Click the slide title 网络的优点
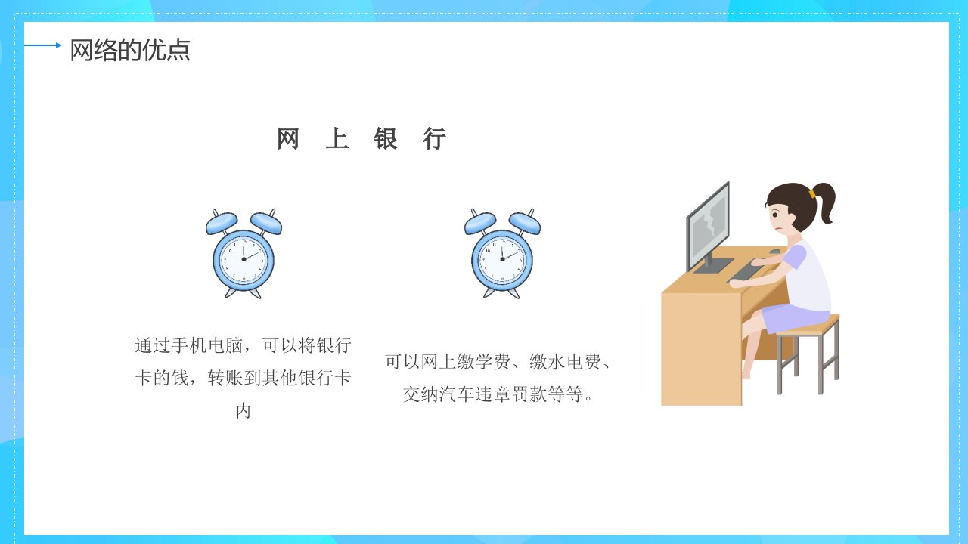130,50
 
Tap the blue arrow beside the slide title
43,45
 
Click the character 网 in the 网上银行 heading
287,138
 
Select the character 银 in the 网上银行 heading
386,138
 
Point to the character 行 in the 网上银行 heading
434,138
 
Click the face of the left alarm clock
244,259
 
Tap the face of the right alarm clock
502,259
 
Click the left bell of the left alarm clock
222,223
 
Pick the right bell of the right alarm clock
525,223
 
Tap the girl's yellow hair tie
812,194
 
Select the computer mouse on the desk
774,252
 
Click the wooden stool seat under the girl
809,325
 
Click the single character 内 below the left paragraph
244,411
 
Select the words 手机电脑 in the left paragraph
207,345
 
